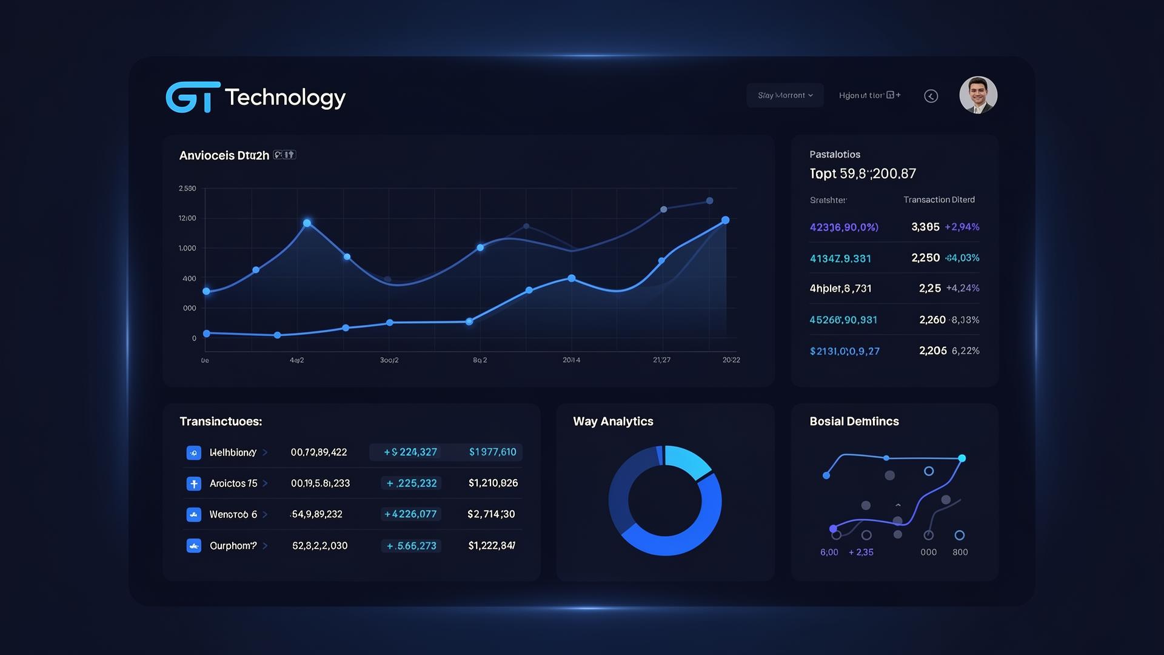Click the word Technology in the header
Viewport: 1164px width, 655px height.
click(x=285, y=97)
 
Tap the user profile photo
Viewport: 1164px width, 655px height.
click(x=978, y=95)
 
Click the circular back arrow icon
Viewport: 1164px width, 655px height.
click(x=931, y=96)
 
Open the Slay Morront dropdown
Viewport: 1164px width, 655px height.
click(x=784, y=95)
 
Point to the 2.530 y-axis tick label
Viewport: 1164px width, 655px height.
click(x=187, y=189)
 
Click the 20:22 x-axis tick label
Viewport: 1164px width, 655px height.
click(x=731, y=360)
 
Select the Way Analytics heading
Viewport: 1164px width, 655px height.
click(x=613, y=422)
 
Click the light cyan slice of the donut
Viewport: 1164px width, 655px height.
click(x=687, y=461)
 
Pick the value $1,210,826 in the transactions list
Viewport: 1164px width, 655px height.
click(x=493, y=483)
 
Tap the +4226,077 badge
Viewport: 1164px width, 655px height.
click(x=410, y=514)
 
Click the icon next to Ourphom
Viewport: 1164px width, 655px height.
click(x=194, y=546)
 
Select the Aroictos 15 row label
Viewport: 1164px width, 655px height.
click(x=233, y=483)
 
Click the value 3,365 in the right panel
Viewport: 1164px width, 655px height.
click(x=925, y=227)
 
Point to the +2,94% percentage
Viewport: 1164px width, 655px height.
click(x=962, y=227)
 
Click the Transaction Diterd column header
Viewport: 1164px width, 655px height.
click(x=939, y=200)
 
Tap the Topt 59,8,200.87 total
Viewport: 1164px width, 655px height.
click(x=863, y=174)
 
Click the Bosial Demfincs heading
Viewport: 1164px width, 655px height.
click(x=854, y=422)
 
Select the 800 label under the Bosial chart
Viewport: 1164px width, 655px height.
click(x=960, y=553)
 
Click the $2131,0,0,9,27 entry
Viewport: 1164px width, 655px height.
click(x=845, y=351)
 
